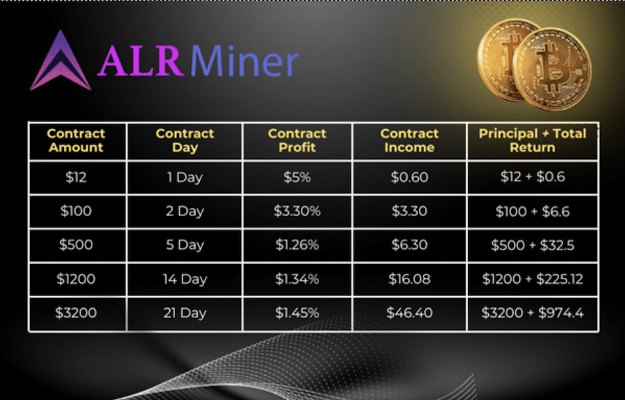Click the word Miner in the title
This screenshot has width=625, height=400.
pyautogui.click(x=244, y=61)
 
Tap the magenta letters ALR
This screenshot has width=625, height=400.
pyautogui.click(x=141, y=61)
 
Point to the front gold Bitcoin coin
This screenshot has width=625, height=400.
pyautogui.click(x=552, y=69)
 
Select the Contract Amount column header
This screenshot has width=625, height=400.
pyautogui.click(x=76, y=141)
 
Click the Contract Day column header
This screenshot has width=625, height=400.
pyautogui.click(x=185, y=141)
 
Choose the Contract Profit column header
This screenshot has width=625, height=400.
pyautogui.click(x=297, y=141)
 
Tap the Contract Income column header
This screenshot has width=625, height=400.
pyautogui.click(x=409, y=141)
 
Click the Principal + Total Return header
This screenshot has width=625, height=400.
pyautogui.click(x=533, y=141)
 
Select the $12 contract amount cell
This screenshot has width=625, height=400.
pyautogui.click(x=76, y=177)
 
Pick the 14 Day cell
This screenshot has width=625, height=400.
pyautogui.click(x=185, y=279)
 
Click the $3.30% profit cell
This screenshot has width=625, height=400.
pyautogui.click(x=297, y=211)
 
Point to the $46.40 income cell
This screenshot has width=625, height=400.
pyautogui.click(x=409, y=312)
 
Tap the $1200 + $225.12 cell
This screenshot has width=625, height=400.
pyautogui.click(x=533, y=279)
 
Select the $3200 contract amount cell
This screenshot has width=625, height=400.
pyautogui.click(x=76, y=312)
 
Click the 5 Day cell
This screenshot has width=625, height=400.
pyautogui.click(x=185, y=245)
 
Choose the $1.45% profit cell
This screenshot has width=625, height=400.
pyautogui.click(x=297, y=312)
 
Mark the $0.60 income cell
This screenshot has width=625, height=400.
pyautogui.click(x=409, y=177)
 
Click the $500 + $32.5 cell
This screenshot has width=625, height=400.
pyautogui.click(x=533, y=245)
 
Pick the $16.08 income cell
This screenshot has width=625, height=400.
pyautogui.click(x=409, y=279)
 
